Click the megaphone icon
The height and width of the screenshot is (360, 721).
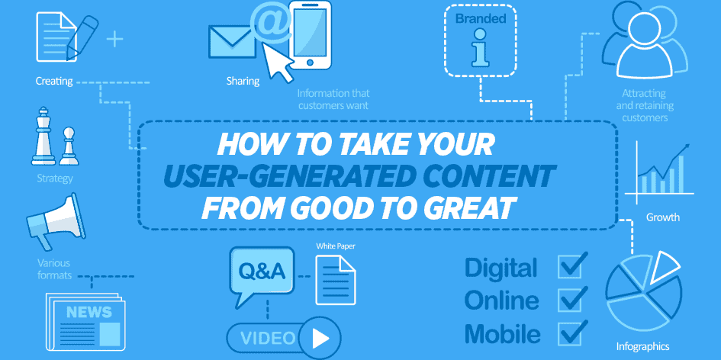(x=55, y=220)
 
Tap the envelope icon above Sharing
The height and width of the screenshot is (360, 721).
(x=232, y=41)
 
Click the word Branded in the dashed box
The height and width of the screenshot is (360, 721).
(x=480, y=19)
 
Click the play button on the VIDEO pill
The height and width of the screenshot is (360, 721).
(x=320, y=339)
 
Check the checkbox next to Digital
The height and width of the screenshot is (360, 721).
(x=572, y=265)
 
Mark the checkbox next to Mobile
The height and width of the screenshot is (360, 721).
(x=572, y=333)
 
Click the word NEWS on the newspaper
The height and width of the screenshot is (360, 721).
(x=89, y=312)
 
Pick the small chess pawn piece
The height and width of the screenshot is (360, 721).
(x=69, y=146)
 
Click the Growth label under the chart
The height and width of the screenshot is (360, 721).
(x=662, y=217)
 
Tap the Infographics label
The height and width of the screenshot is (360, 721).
(x=642, y=346)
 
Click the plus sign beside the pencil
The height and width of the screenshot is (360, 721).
(x=114, y=39)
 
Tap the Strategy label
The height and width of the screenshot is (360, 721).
(x=55, y=178)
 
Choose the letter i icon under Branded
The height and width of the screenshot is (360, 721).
(x=480, y=47)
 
